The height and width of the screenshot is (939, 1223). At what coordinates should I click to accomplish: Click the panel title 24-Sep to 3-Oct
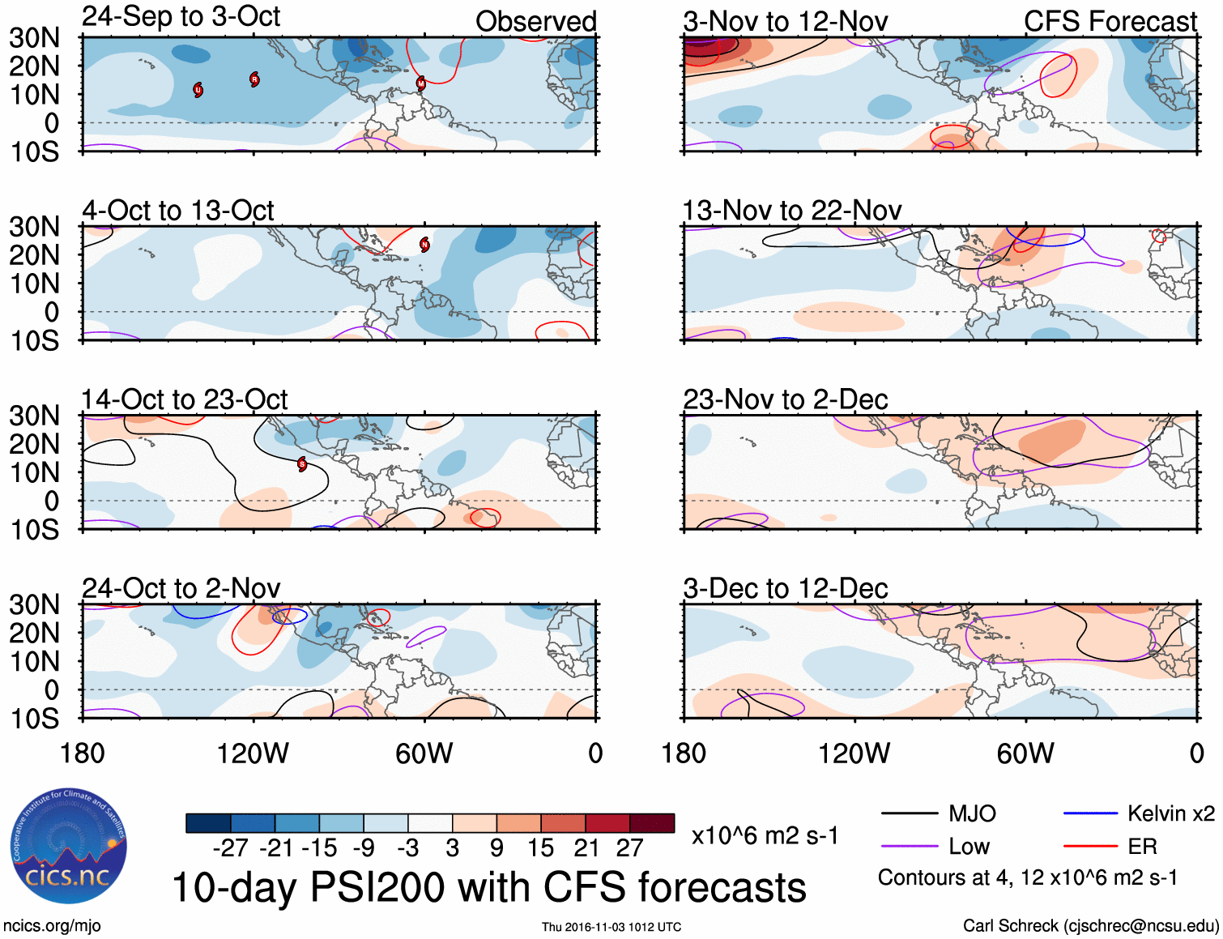click(181, 17)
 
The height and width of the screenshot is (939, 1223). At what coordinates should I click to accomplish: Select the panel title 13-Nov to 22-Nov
click(791, 211)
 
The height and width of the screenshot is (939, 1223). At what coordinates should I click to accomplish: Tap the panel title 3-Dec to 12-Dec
click(785, 588)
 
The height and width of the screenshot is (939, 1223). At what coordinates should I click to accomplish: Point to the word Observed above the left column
click(535, 22)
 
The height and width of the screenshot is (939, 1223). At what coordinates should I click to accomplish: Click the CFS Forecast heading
click(1110, 22)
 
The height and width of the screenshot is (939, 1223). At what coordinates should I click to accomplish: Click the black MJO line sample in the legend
click(909, 813)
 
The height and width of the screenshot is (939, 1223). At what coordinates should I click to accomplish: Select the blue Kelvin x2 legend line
click(1090, 813)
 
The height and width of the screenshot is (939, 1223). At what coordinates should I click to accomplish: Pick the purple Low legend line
click(909, 847)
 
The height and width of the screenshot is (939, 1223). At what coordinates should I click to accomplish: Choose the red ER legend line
click(1090, 847)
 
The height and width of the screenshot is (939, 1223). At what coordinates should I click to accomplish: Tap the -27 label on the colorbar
click(230, 848)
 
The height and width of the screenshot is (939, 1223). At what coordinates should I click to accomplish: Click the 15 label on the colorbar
click(540, 848)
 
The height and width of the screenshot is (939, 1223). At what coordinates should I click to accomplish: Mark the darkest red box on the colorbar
click(652, 823)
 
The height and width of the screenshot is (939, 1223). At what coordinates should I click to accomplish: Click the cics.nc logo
click(68, 847)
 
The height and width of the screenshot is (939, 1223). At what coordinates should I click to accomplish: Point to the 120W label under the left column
click(253, 753)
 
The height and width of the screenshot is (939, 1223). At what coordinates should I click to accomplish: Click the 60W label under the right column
click(1025, 753)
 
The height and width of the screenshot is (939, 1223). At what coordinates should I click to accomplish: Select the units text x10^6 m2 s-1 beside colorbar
click(765, 835)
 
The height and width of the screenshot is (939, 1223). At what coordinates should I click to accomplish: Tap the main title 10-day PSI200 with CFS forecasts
click(489, 887)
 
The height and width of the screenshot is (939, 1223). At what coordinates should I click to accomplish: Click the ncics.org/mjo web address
click(52, 926)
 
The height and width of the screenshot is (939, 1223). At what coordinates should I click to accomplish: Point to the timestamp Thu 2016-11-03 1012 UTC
click(611, 927)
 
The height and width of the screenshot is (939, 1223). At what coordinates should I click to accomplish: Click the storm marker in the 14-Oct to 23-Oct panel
click(302, 464)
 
